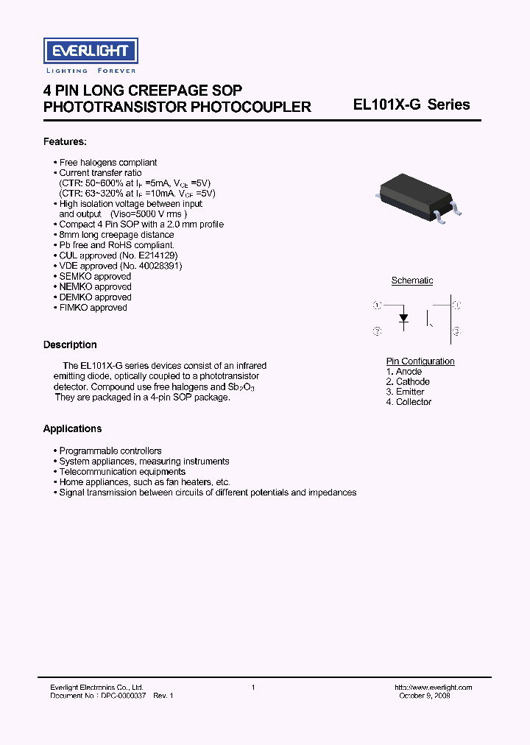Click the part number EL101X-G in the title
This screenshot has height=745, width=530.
[x=387, y=105]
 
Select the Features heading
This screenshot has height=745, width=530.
[x=65, y=141]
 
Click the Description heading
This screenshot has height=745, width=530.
[x=70, y=345]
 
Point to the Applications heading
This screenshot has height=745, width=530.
[x=72, y=428]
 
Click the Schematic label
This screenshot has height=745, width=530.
[x=412, y=280]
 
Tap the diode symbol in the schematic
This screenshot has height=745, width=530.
[x=403, y=319]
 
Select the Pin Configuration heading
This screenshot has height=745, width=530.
[x=420, y=361]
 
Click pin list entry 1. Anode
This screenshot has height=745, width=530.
[x=404, y=372]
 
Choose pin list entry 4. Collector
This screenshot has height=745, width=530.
[x=409, y=402]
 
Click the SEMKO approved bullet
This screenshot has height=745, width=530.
[x=95, y=276]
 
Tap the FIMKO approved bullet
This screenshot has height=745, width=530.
[x=93, y=308]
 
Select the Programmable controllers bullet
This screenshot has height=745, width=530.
[x=110, y=451]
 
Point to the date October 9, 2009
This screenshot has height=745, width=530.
[x=425, y=696]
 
